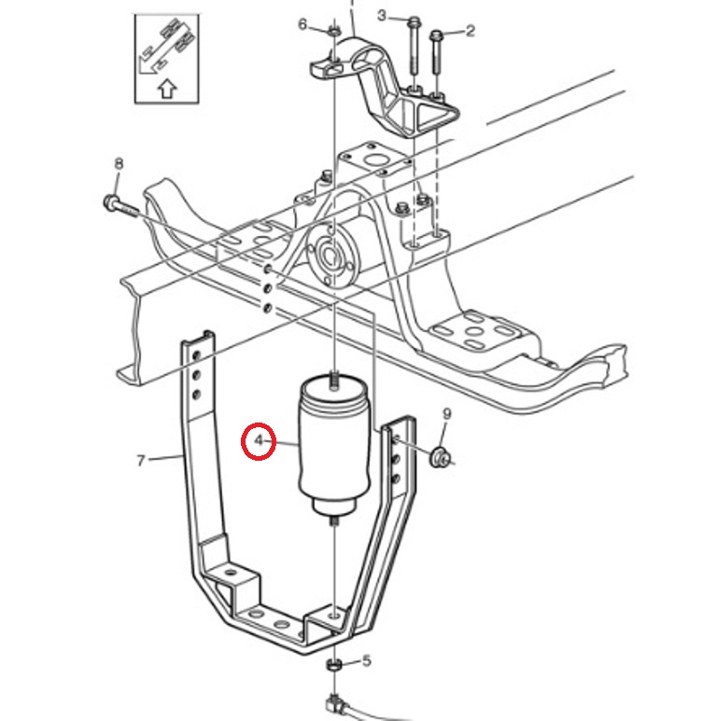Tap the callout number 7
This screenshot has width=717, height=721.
tap(142, 460)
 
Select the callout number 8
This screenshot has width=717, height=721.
tap(119, 165)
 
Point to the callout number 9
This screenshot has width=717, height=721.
tap(446, 414)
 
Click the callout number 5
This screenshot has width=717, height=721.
tap(366, 660)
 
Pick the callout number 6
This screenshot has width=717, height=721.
tap(302, 24)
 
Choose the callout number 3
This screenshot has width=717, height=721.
tap(381, 14)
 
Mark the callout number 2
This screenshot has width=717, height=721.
tap(470, 31)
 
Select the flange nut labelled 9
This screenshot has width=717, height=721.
tap(437, 458)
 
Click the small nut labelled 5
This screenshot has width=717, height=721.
tap(333, 666)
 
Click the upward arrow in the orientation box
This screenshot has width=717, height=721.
tap(165, 89)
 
